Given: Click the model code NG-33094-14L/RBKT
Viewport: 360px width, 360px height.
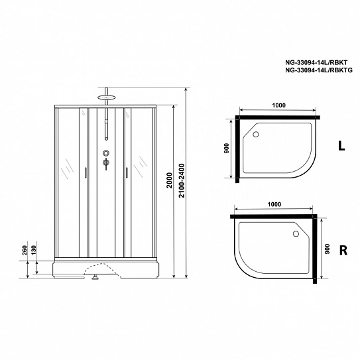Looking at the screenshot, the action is (316, 62).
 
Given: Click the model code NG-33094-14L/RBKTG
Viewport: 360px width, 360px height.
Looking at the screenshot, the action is (319, 70).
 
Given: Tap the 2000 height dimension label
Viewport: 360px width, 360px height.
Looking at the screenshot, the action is (169, 180).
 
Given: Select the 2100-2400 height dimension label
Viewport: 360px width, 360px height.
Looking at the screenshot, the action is (182, 180).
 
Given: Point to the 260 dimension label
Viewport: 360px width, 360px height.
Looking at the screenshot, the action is (25, 250).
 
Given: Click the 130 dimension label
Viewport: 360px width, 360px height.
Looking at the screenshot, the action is (34, 250).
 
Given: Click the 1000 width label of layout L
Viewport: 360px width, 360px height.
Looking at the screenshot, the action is (278, 105).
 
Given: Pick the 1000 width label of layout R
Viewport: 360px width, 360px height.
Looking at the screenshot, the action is (274, 204).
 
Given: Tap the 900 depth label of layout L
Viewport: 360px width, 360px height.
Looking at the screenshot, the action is (226, 148).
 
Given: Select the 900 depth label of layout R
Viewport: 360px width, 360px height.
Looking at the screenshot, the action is (327, 249).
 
